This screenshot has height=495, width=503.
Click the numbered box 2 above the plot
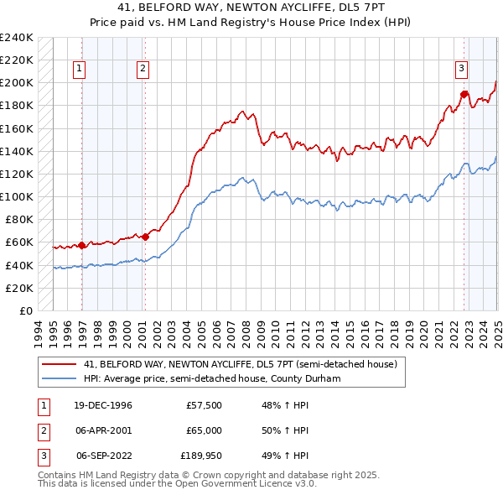[143, 70]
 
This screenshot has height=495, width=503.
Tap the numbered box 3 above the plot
[461, 70]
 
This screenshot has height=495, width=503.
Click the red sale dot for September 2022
[464, 94]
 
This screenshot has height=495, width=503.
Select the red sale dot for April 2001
[145, 237]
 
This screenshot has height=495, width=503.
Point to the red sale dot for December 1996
[82, 245]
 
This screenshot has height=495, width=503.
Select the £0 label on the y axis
[25, 310]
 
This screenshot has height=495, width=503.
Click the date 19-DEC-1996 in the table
[104, 405]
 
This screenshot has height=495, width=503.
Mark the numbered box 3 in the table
[43, 457]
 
